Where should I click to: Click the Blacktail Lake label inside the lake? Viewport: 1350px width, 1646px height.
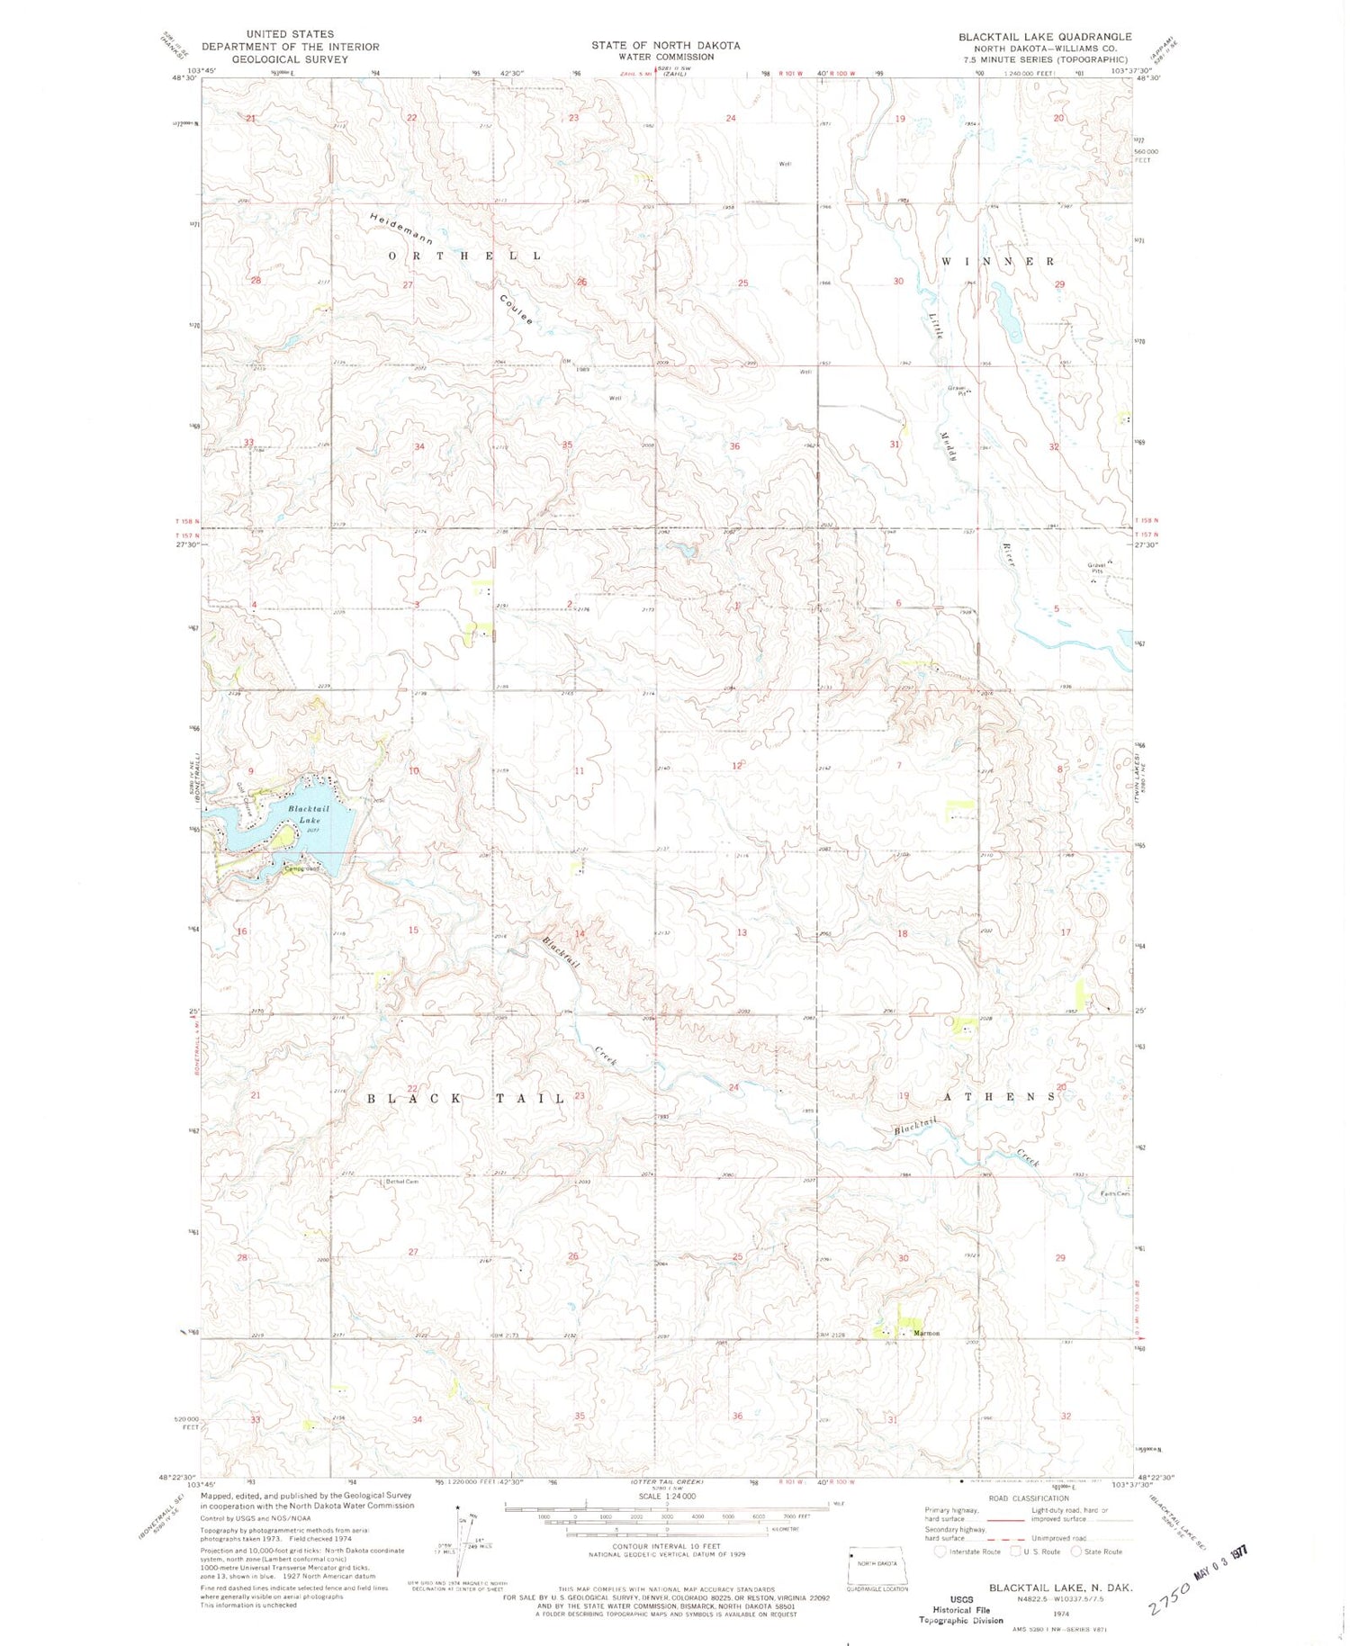(x=309, y=814)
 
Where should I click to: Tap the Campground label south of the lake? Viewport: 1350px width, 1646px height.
(x=301, y=869)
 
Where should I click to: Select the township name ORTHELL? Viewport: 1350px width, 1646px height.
(x=465, y=256)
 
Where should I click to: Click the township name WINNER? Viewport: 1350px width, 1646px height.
(x=998, y=261)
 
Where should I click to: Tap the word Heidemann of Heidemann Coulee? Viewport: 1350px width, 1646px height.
(x=401, y=229)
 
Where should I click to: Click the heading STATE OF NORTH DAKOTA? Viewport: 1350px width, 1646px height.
(x=665, y=45)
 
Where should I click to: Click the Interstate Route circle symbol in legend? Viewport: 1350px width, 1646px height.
(x=940, y=1552)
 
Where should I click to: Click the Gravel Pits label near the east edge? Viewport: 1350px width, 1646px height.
(x=1095, y=567)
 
